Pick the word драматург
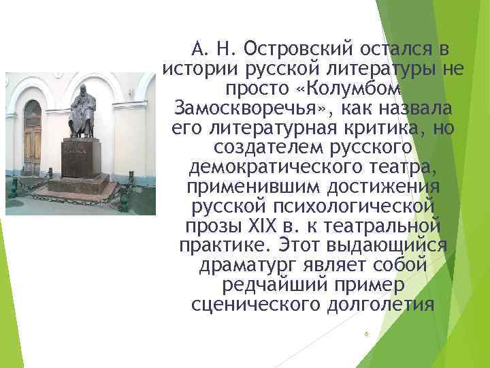point(243,265)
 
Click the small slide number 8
point(366,334)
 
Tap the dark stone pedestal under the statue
point(81,157)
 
